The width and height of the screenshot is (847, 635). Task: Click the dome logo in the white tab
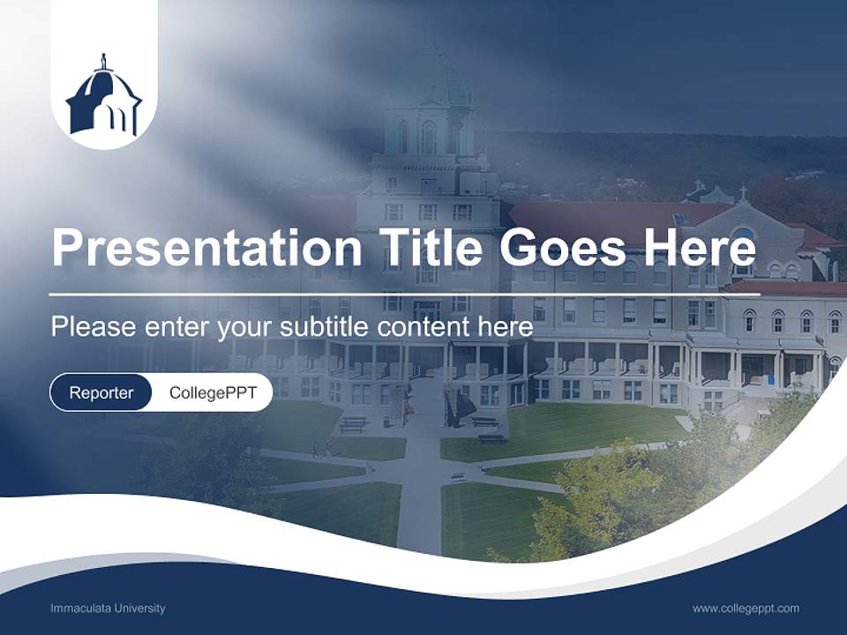104,99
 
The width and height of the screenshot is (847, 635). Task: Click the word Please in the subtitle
87,327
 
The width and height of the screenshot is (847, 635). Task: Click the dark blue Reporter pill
101,392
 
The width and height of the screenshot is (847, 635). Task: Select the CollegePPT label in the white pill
213,392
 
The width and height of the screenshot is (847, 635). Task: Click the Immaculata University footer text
108,609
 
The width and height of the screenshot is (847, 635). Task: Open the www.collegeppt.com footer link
746,609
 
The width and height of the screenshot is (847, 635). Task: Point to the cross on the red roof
743,192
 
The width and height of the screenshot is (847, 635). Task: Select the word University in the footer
137,609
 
